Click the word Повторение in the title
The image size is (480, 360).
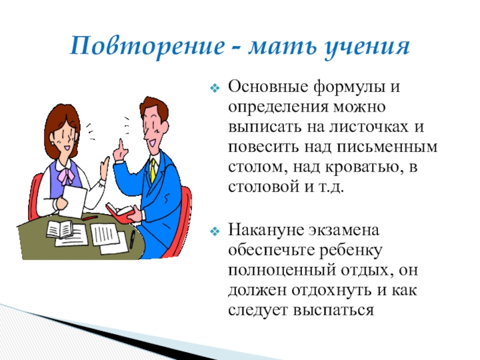[x=148, y=46]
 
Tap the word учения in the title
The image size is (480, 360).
[x=367, y=48]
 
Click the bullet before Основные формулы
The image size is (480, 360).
[x=215, y=88]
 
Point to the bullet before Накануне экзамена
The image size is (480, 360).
[x=215, y=231]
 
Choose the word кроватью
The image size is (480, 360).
[x=364, y=167]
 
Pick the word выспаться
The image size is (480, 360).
[x=334, y=310]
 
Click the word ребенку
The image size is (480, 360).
[x=351, y=250]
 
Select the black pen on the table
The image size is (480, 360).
[x=132, y=239]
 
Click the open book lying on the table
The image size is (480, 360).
[x=59, y=229]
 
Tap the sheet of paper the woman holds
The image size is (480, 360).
[x=73, y=200]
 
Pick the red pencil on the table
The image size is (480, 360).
[x=89, y=218]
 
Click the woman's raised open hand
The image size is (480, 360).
[x=105, y=168]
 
